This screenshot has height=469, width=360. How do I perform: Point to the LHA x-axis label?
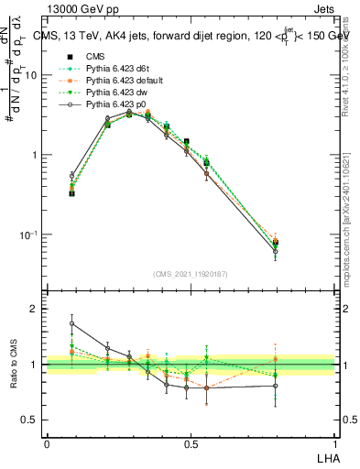point(326,456)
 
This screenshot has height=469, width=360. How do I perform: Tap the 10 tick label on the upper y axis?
point(30,75)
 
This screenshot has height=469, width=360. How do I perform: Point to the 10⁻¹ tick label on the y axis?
point(28,234)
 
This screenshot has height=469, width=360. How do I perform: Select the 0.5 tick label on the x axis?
point(190,444)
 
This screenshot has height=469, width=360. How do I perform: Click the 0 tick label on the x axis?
point(47,444)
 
